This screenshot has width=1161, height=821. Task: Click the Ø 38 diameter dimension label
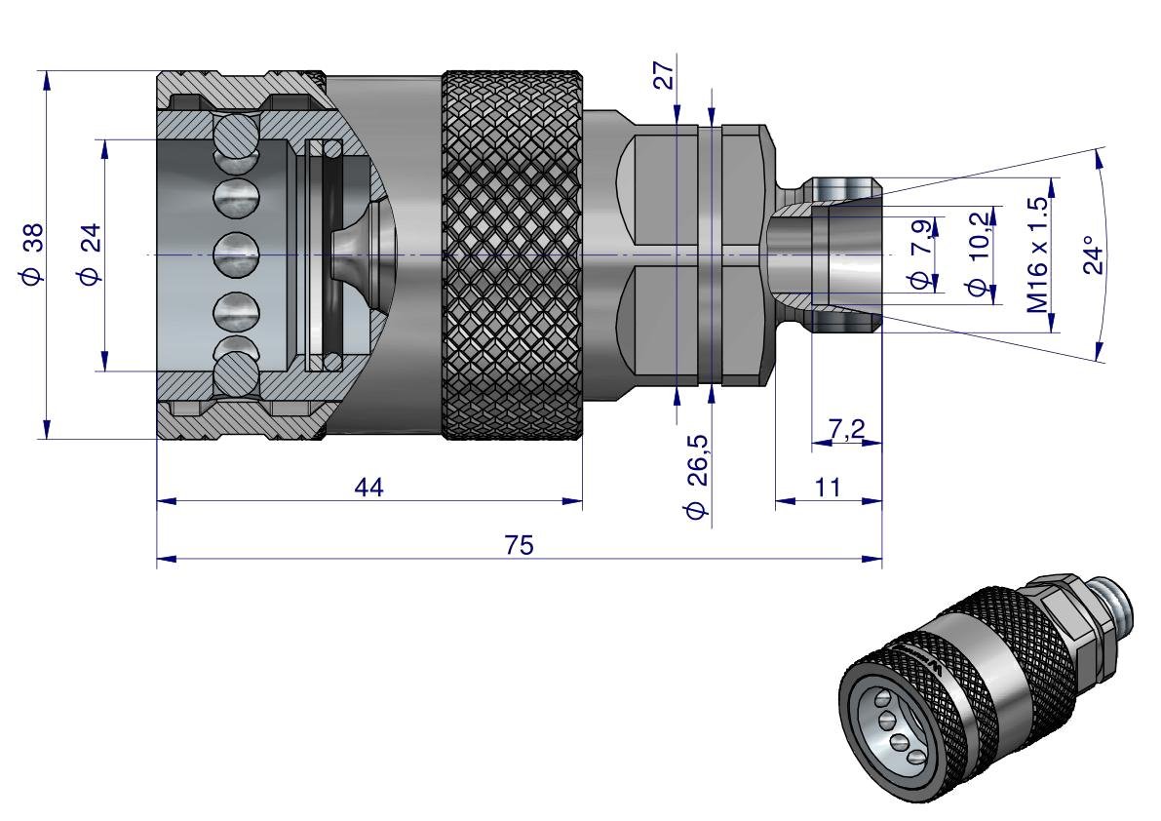(x=32, y=254)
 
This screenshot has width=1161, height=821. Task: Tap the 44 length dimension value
(x=369, y=488)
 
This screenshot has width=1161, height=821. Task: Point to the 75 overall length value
(x=519, y=546)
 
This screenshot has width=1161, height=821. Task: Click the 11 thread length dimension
(x=829, y=488)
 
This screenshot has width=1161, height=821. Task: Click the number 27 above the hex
(x=663, y=76)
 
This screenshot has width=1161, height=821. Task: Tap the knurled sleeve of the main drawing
(x=514, y=254)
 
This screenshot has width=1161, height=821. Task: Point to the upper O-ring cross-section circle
(x=331, y=148)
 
